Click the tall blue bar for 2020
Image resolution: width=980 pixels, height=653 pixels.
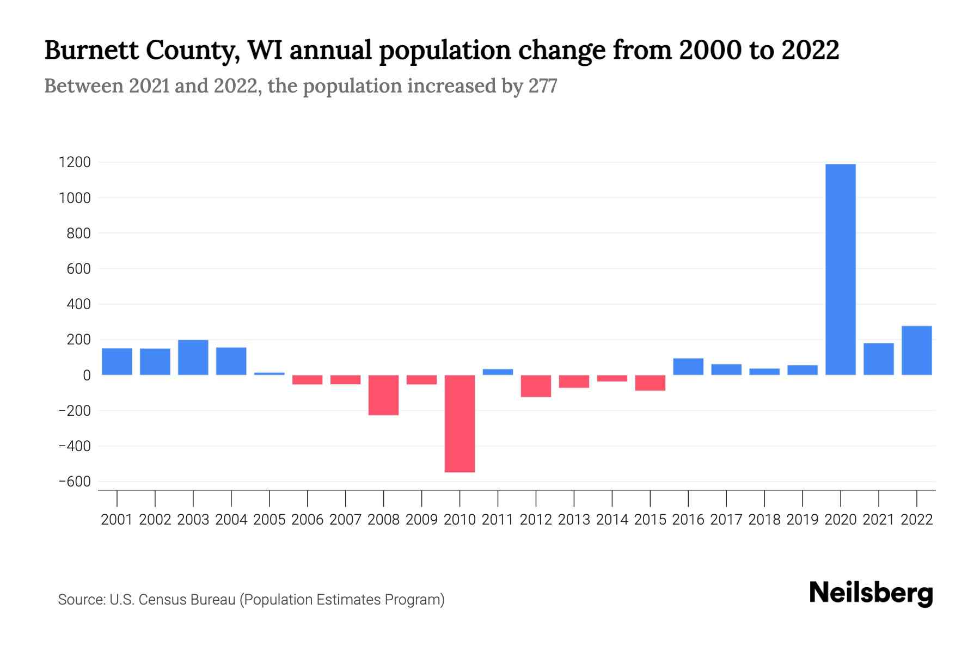(x=840, y=269)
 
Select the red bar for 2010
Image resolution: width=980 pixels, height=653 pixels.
(x=460, y=423)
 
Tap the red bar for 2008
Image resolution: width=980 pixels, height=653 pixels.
(x=383, y=395)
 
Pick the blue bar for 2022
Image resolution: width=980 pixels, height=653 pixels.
(x=916, y=350)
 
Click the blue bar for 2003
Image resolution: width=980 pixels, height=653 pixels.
(x=193, y=358)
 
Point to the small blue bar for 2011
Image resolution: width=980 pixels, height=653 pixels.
(x=498, y=372)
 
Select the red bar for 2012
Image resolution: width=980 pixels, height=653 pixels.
(x=536, y=386)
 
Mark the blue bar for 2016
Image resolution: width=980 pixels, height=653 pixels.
(x=688, y=367)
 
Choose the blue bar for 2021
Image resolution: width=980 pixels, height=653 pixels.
(x=878, y=359)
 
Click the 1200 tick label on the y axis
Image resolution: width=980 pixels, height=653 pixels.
(x=75, y=162)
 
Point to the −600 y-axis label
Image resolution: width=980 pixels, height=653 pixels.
(x=75, y=482)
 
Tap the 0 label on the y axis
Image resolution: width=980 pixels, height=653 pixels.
(x=87, y=375)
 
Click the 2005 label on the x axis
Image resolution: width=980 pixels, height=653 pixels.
(x=269, y=520)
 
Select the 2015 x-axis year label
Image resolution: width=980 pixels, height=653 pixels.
(x=650, y=520)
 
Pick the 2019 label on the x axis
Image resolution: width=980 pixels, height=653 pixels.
(x=803, y=520)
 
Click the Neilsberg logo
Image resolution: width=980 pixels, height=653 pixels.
(x=871, y=593)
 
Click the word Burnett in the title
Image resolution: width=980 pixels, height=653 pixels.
(x=90, y=50)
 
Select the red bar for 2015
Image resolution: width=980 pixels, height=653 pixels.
(x=650, y=383)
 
